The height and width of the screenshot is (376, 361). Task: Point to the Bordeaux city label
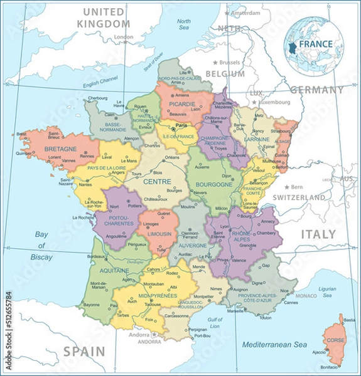click(96, 257)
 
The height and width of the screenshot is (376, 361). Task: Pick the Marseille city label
click(236, 311)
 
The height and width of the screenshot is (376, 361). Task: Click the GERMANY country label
click(316, 90)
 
